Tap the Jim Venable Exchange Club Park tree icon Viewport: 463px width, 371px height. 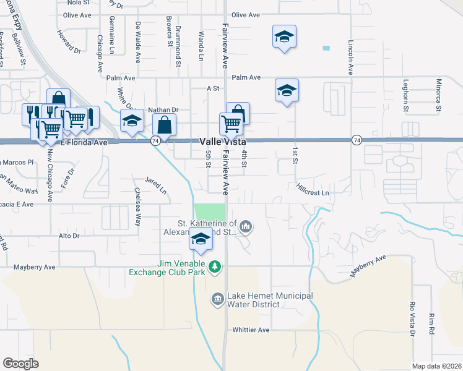[x=215, y=267]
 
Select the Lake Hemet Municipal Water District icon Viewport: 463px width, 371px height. [x=217, y=300]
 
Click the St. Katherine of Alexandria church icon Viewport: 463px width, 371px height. [x=246, y=227]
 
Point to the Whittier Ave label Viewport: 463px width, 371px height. [x=251, y=330]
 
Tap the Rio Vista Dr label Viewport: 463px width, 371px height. [x=412, y=319]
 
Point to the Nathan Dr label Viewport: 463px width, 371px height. [x=162, y=110]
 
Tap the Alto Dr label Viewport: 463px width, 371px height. [x=69, y=236]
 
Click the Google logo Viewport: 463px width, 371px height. [x=20, y=364]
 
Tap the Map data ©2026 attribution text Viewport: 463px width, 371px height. [x=436, y=366]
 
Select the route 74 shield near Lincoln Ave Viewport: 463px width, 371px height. [x=357, y=141]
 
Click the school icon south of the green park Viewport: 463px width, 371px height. [x=201, y=241]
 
